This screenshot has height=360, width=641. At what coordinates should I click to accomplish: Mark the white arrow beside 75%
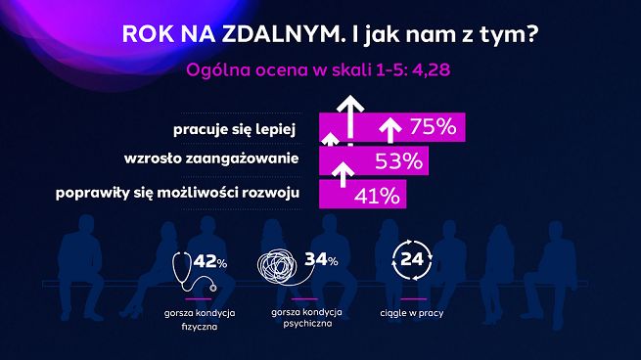[389, 128]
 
